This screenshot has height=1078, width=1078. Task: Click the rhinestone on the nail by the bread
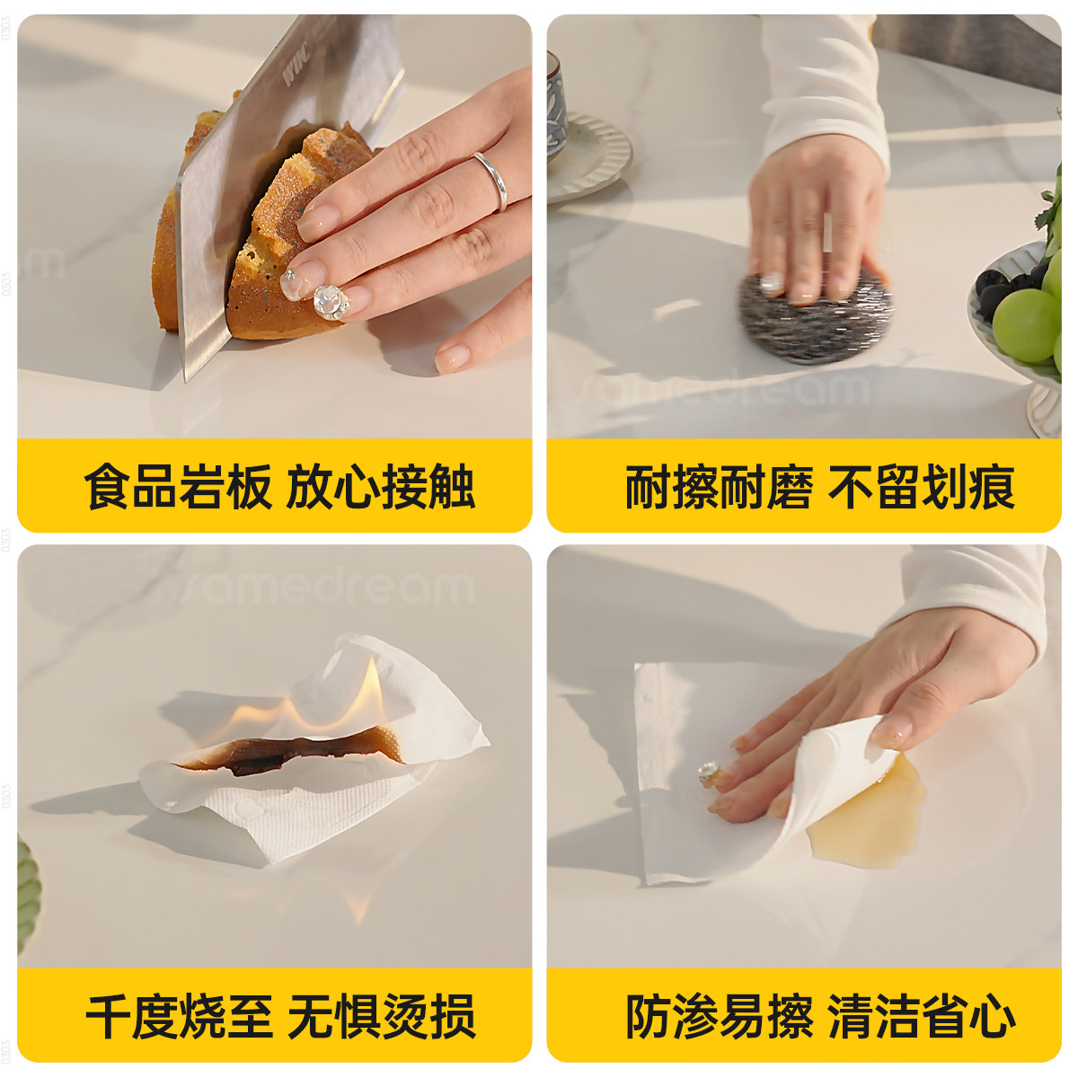point(329,302)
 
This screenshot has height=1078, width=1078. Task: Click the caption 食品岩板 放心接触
point(278,487)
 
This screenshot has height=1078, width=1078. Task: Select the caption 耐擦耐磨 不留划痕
point(819,487)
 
